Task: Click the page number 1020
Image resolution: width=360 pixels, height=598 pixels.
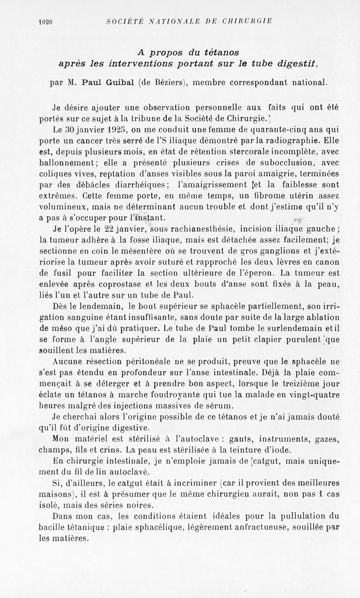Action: click(46, 21)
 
